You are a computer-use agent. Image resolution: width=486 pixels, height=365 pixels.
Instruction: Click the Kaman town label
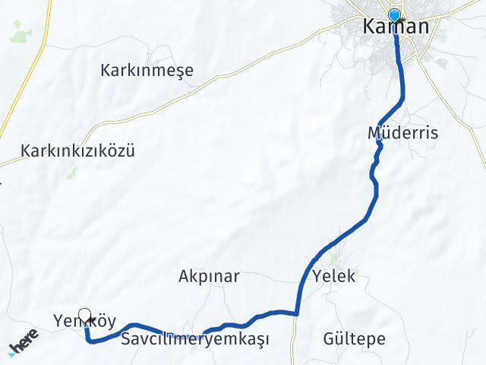pos(396,27)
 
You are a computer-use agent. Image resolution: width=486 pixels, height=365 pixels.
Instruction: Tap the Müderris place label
pos(402,133)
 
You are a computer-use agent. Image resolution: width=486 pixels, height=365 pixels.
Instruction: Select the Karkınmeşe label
pos(147,71)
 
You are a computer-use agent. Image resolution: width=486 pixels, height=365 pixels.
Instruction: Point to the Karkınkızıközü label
pos(78,151)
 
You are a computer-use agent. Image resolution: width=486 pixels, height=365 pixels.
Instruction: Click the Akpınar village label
pos(209,276)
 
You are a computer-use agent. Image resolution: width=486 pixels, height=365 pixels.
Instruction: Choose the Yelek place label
pos(333,276)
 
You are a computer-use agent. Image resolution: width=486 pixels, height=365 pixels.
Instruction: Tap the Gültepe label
pos(354,338)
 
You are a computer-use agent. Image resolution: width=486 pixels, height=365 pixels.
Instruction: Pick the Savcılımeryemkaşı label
pos(195,338)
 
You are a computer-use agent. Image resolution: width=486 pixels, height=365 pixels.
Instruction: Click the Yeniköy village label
pos(85,320)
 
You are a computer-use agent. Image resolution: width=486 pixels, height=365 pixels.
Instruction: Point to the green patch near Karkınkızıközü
pos(73,173)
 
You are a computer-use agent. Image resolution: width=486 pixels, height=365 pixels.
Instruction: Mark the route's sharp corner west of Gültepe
pos(298,313)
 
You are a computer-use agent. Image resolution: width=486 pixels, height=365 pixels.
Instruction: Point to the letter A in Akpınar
pos(184,276)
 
